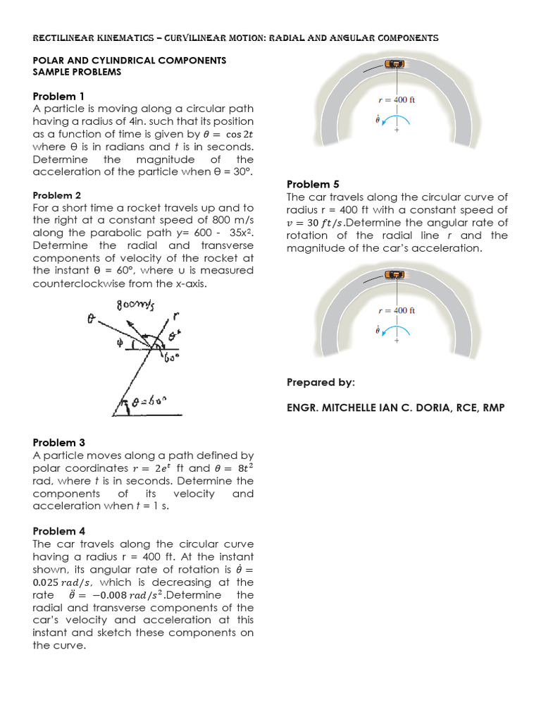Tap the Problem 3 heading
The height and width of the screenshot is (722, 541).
[58, 443]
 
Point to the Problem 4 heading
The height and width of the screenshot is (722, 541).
[58, 531]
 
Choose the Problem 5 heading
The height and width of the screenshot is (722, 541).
[312, 185]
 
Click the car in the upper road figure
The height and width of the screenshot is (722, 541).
[396, 65]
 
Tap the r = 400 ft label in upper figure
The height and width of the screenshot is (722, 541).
[397, 100]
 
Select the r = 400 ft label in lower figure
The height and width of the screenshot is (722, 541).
[397, 310]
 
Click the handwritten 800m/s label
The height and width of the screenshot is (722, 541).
[135, 305]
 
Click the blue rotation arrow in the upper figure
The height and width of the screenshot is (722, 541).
[395, 125]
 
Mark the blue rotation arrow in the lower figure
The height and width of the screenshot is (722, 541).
[395, 334]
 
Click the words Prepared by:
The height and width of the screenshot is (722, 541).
[321, 382]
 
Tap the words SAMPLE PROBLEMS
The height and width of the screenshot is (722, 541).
[77, 72]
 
